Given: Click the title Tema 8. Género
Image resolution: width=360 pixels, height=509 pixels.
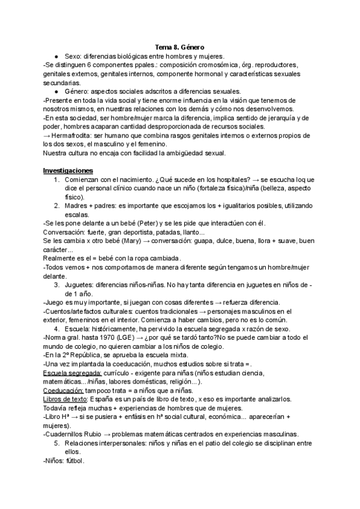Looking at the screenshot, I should point(180,46).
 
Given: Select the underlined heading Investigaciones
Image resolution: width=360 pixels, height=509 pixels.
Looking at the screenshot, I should point(68,170).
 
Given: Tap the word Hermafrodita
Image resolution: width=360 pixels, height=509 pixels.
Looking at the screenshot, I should point(71,135).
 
